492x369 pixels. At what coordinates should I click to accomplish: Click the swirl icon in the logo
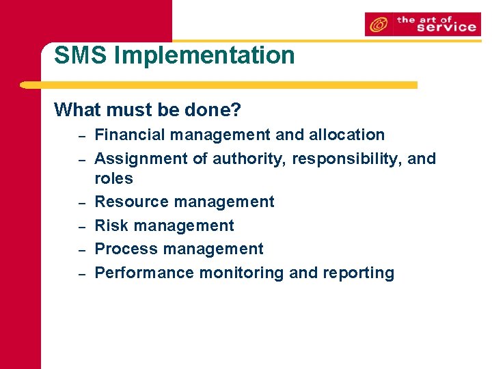tap(377, 25)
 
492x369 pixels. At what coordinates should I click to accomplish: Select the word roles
tap(113, 178)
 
